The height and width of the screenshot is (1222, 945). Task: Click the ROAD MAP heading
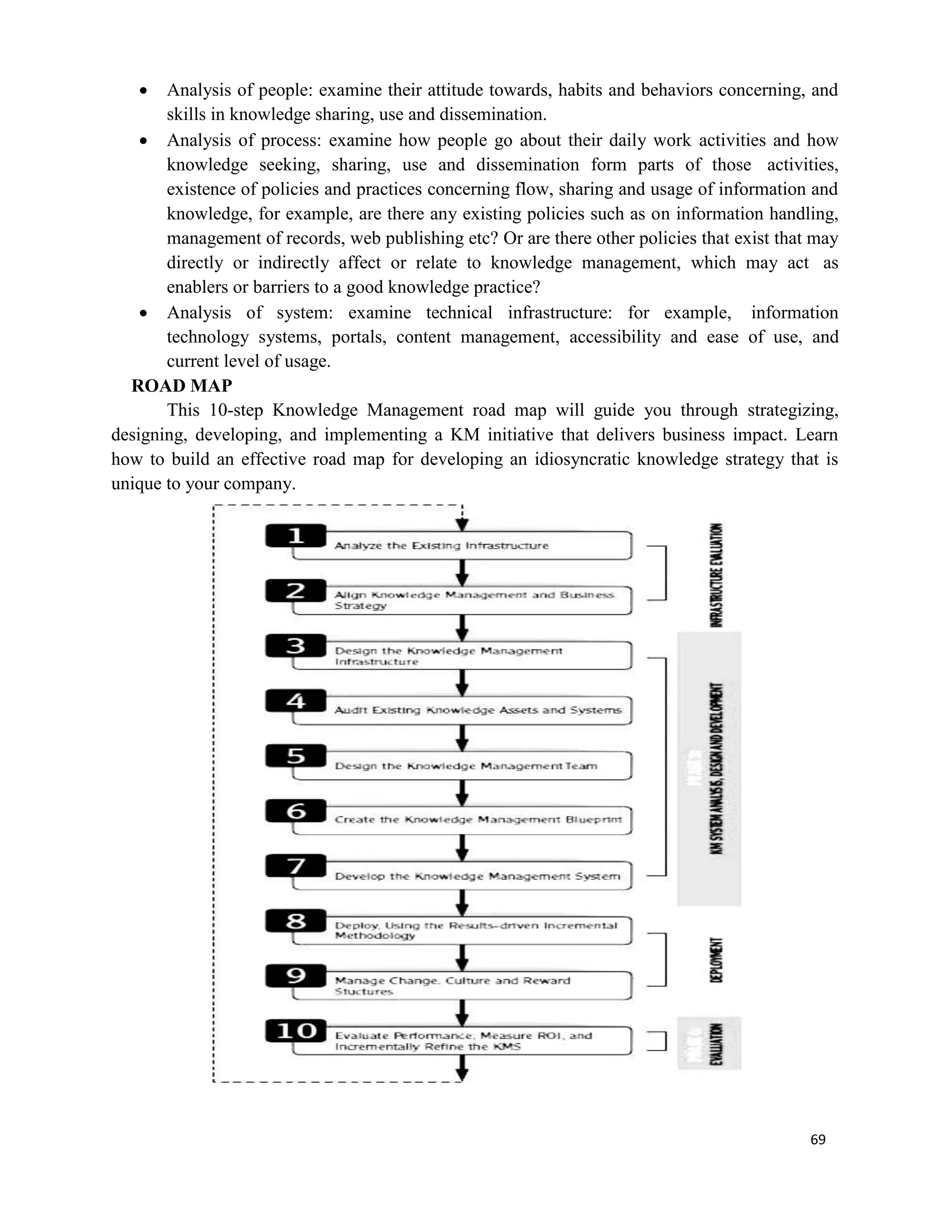[x=181, y=386]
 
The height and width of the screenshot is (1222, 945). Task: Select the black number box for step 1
[x=296, y=535]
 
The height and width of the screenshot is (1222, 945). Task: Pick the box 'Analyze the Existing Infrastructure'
[x=462, y=546]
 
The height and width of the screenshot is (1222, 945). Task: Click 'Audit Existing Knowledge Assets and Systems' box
[x=462, y=710]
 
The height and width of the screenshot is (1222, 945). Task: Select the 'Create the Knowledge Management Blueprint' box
[x=462, y=820]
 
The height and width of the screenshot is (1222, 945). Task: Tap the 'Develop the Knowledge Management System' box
[x=462, y=876]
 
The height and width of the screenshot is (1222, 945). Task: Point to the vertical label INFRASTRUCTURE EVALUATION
[x=716, y=575]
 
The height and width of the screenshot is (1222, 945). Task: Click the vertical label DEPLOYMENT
[x=716, y=960]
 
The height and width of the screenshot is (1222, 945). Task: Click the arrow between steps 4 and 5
[x=462, y=738]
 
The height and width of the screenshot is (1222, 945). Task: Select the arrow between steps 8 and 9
[x=462, y=957]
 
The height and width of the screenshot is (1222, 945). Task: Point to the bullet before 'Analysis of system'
[x=144, y=313]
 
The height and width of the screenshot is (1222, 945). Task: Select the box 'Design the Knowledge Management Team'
[x=462, y=766]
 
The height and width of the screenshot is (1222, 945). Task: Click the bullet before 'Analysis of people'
[x=144, y=91]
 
